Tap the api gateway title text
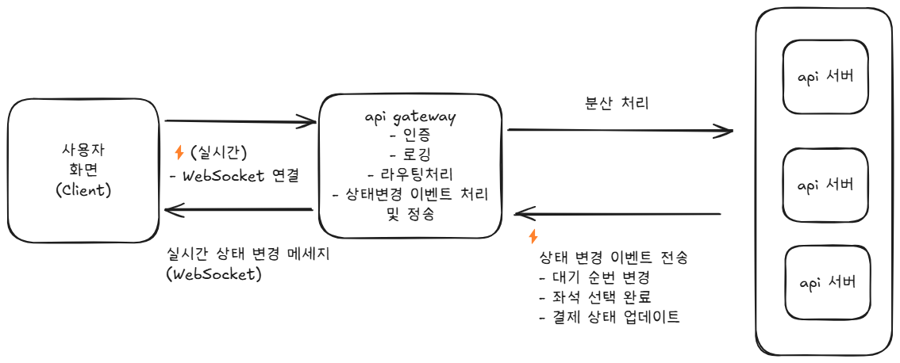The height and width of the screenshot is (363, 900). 410,117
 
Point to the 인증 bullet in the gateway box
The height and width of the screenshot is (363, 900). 410,135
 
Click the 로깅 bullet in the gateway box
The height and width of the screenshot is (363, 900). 410,154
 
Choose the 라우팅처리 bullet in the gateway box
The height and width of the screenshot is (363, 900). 410,174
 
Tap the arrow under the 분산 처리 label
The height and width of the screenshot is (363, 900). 619,130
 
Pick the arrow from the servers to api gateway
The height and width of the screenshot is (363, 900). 619,214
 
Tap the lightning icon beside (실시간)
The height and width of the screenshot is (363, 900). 179,153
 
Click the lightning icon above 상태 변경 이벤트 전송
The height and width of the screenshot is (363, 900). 533,236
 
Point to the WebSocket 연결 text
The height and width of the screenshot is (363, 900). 234,176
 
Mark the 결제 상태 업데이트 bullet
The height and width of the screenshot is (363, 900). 609,317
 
